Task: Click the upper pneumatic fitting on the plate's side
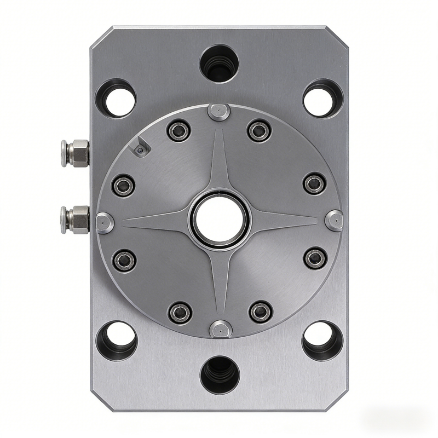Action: [x=76, y=153]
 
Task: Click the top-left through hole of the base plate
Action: [x=117, y=100]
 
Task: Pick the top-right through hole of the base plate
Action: [x=321, y=100]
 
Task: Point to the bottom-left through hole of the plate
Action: [x=117, y=339]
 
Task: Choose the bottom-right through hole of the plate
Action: [x=321, y=339]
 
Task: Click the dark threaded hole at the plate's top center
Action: [x=219, y=61]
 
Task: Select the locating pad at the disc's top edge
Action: [x=219, y=112]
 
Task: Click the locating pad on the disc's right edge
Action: [x=333, y=220]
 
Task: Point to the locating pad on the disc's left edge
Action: [x=105, y=222]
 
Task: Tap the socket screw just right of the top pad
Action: [x=259, y=130]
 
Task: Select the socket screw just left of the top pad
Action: [x=179, y=130]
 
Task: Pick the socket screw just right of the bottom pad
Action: [x=260, y=312]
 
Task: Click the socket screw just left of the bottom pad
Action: [x=180, y=312]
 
